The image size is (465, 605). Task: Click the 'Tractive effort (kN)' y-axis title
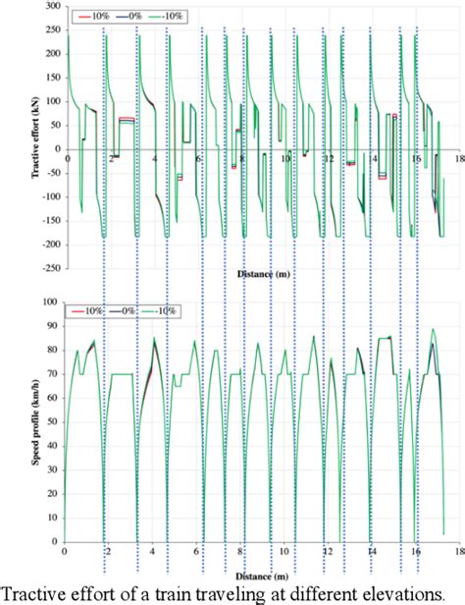tap(19, 140)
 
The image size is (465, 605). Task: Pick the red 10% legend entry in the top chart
tap(91, 17)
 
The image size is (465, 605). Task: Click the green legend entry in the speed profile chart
tap(162, 310)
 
